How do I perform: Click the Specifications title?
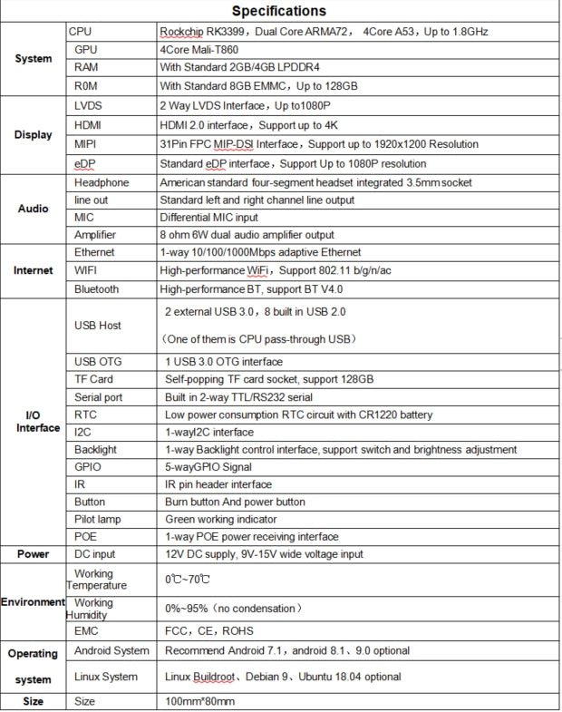pyautogui.click(x=278, y=12)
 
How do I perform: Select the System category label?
pyautogui.click(x=34, y=59)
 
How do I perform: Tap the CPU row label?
pyautogui.click(x=81, y=32)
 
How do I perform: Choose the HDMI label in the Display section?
pyautogui.click(x=88, y=124)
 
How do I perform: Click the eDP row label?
pyautogui.click(x=84, y=163)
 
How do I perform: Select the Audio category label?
pyautogui.click(x=34, y=209)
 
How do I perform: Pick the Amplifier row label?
pyautogui.click(x=95, y=235)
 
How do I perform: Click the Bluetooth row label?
pyautogui.click(x=96, y=289)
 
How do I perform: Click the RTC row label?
pyautogui.click(x=85, y=415)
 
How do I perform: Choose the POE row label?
pyautogui.click(x=86, y=537)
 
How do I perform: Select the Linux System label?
pyautogui.click(x=106, y=677)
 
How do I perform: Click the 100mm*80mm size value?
pyautogui.click(x=201, y=702)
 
